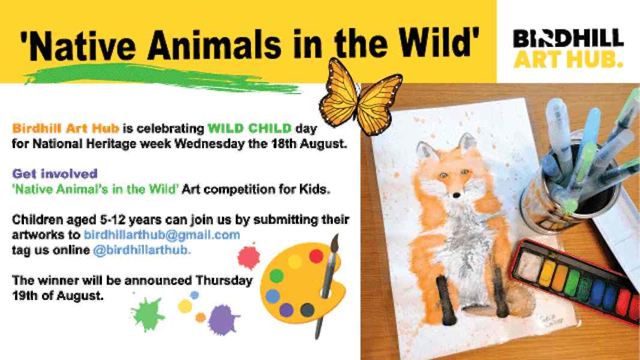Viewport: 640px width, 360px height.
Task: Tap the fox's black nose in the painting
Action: coord(456,195)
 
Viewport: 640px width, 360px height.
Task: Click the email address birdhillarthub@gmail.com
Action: coord(161,235)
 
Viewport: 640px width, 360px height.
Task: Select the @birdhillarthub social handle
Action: coord(142,250)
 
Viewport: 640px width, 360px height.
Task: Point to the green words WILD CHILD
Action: coord(250,128)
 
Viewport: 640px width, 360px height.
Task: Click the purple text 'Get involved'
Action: coord(55,174)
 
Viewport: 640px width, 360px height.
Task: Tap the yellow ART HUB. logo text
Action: coord(568,59)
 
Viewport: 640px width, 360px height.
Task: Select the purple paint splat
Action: coord(223,320)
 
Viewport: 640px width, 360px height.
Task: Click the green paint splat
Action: coord(148,314)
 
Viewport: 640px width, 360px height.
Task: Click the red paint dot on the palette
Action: coord(316,256)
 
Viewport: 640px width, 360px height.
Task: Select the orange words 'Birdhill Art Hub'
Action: coord(66,128)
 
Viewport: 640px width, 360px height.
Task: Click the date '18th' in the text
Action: coord(284,143)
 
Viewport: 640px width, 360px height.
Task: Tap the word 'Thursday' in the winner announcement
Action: coord(224,281)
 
